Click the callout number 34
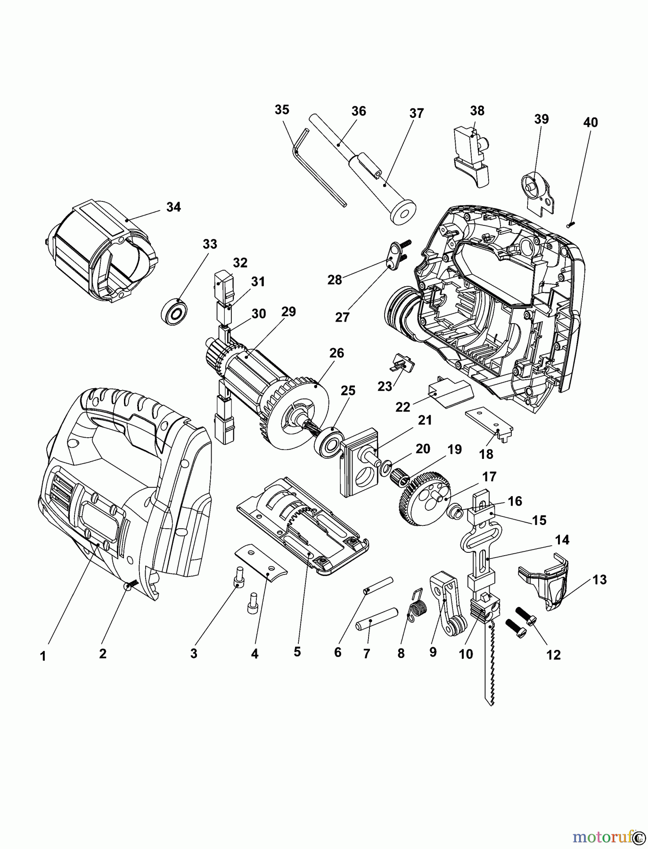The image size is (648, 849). click(173, 207)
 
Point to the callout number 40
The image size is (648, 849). click(590, 123)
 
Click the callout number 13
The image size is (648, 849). click(599, 579)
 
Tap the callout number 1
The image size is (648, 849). click(43, 656)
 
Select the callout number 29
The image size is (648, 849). click(288, 311)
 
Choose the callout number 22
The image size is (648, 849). click(403, 407)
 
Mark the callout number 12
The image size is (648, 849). click(554, 655)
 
